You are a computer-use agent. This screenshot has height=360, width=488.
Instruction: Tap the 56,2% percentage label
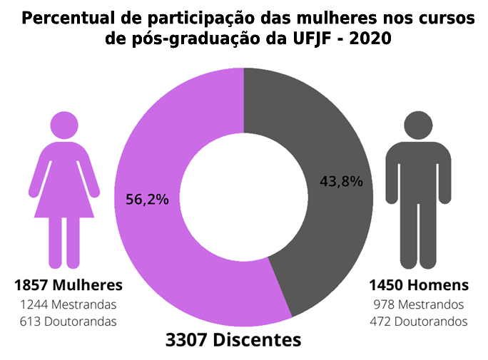coord(147,200)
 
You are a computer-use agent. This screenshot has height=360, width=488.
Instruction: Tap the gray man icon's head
coord(419,125)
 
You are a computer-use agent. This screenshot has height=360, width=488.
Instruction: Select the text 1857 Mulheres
coord(68,285)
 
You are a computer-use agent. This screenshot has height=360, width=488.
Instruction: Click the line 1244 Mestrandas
coord(68,304)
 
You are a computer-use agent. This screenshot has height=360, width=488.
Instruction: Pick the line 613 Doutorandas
coord(68,321)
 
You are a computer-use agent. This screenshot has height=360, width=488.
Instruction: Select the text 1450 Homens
coord(419,285)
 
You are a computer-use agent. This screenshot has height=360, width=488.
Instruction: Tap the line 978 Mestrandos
coord(419,304)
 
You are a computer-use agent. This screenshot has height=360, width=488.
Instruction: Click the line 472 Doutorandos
coord(419,321)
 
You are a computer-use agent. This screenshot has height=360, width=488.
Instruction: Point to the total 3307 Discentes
coord(233,340)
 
